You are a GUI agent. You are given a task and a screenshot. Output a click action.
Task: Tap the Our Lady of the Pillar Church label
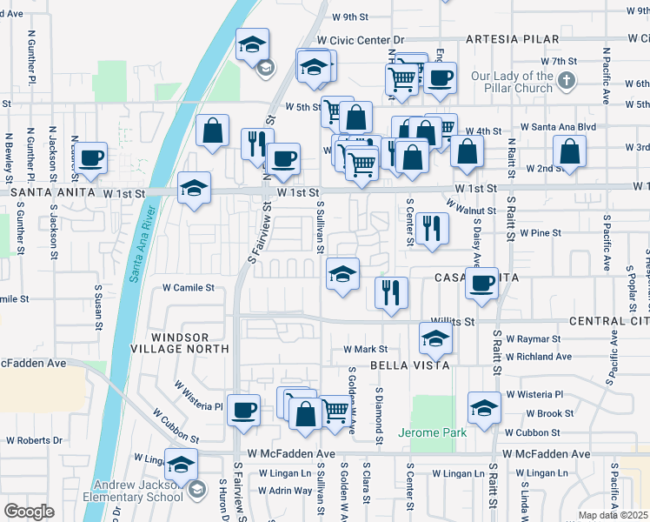(x=512, y=82)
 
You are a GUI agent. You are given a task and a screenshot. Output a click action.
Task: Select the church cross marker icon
(x=566, y=81)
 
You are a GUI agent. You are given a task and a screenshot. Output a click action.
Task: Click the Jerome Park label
(x=432, y=432)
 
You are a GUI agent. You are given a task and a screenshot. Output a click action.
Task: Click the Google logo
(x=30, y=511)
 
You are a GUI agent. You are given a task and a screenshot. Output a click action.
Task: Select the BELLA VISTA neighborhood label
(x=410, y=365)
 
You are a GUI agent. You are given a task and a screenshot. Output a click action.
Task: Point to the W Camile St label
(x=189, y=287)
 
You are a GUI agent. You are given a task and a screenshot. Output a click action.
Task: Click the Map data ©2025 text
(x=613, y=515)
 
